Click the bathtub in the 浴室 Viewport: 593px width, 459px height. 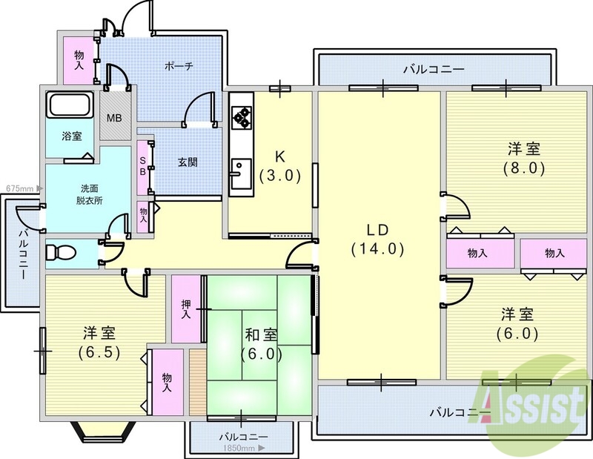point(69,105)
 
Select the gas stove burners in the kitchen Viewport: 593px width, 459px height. point(242,116)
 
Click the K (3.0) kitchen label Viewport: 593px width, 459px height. point(279,168)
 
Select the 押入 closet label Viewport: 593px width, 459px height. point(186,309)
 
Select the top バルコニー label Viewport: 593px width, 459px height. point(434,69)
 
